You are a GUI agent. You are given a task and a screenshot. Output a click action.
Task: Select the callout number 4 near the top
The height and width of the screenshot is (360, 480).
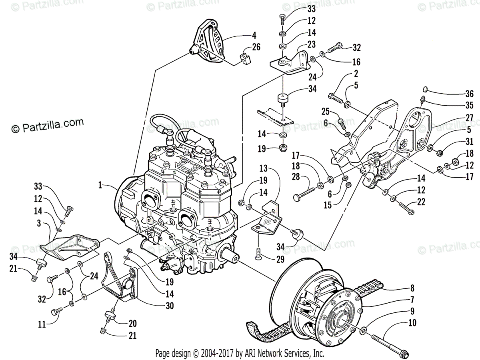254,35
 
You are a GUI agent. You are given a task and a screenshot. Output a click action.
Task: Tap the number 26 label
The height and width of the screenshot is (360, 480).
256,47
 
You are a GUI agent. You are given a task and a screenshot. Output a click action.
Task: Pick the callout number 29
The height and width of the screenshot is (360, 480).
280,260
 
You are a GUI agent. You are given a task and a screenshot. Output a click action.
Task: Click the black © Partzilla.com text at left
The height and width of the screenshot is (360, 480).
48,125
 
